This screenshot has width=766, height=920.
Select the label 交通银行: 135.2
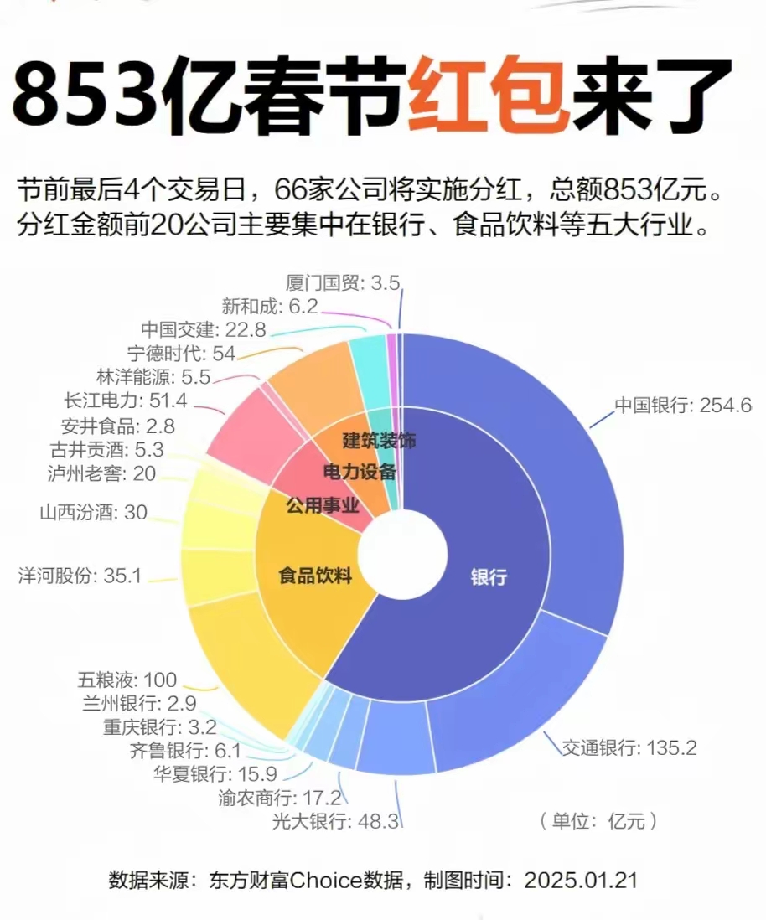[x=629, y=747]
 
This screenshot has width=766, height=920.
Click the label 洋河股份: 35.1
[x=80, y=576]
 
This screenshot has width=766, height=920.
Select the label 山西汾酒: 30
[x=93, y=512]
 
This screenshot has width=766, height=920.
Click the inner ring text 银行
[x=489, y=577]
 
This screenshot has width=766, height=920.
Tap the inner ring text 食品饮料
[x=314, y=577]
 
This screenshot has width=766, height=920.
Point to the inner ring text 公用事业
[x=322, y=506]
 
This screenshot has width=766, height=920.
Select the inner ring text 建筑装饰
[x=379, y=439]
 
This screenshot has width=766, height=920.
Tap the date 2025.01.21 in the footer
[x=581, y=881]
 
